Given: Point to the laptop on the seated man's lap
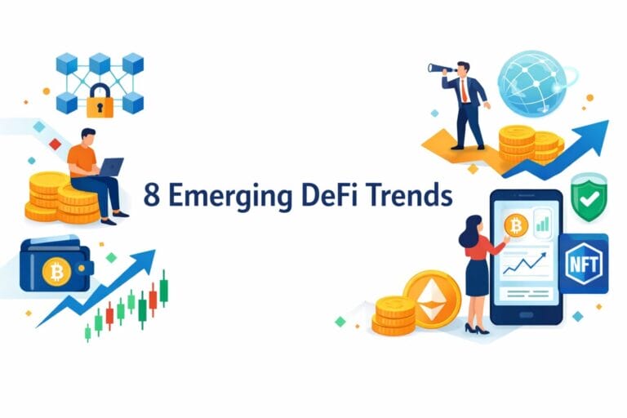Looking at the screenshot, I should [110, 168].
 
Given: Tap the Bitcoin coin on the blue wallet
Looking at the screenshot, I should [56, 273].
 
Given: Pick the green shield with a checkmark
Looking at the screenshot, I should [585, 198].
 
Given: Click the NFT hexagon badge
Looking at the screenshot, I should [585, 265].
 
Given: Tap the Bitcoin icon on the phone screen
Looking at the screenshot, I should [515, 225].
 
